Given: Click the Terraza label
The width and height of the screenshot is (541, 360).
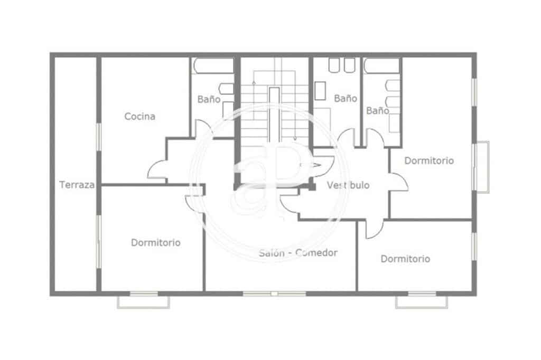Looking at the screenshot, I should [77, 185].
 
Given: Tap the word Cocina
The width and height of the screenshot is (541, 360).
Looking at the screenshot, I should [140, 116].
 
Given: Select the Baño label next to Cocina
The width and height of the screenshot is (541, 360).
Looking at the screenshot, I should [209, 99].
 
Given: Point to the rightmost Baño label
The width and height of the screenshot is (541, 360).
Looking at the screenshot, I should [378, 111].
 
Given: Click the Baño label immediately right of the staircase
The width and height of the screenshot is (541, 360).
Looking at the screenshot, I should [346, 98].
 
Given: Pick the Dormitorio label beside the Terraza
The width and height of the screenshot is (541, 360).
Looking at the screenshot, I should [156, 243].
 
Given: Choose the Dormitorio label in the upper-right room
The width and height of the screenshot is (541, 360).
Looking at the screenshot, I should [429, 161].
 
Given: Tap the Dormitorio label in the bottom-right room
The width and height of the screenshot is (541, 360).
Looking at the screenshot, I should [405, 259].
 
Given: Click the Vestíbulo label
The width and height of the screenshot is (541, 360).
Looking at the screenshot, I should [348, 185].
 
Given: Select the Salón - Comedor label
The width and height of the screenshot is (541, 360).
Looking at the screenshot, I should [299, 253].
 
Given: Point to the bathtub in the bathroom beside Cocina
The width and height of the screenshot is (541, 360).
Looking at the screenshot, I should [212, 65].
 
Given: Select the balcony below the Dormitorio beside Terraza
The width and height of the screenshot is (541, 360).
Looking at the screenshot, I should [144, 301].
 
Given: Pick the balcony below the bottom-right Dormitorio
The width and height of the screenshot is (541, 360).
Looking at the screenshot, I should [422, 301].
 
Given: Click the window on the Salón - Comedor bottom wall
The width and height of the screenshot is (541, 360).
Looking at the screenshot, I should [274, 293].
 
